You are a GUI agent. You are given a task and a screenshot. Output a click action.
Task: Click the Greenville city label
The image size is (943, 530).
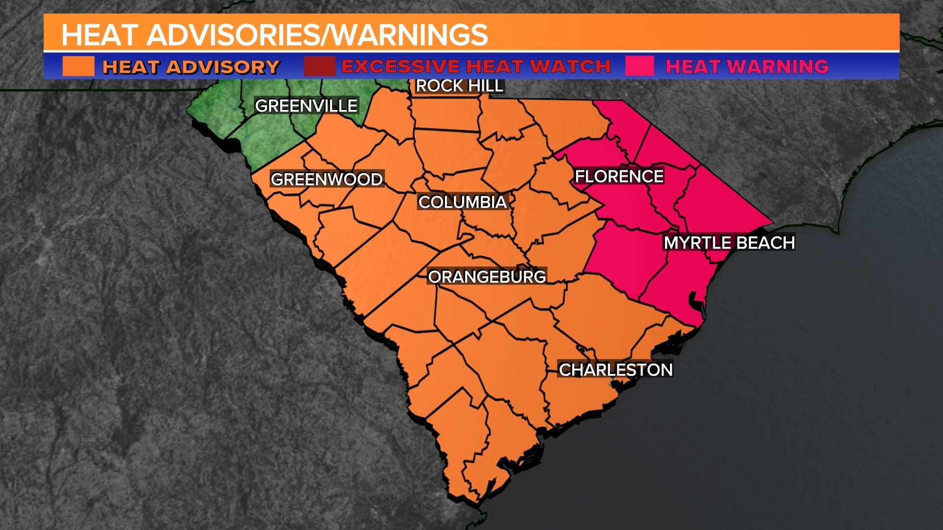coord(306,106)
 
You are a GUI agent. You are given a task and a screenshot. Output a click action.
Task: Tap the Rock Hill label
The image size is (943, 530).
coord(459,86)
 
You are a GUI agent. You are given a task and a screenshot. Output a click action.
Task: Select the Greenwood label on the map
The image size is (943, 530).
coord(327,179)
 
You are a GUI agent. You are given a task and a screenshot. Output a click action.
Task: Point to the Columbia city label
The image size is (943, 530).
coord(462,202)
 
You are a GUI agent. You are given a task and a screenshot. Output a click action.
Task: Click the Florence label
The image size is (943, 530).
coord(619,176)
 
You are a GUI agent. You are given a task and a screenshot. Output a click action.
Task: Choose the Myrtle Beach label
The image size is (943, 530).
coord(729,242)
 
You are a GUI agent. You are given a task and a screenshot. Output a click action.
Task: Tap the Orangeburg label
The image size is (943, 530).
coord(487,277)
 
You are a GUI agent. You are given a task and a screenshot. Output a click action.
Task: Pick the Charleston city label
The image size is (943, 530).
coord(615,370)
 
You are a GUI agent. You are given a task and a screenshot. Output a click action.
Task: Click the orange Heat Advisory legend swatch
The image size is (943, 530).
coord(79,66)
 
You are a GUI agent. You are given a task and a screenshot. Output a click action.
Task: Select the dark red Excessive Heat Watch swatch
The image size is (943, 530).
coord(319,66)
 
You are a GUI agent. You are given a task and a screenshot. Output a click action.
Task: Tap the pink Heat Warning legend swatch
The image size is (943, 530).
coord(639,66)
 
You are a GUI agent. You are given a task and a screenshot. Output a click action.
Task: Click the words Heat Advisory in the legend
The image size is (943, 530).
coord(191,67)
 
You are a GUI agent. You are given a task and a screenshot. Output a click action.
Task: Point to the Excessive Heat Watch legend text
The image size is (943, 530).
coord(475,66)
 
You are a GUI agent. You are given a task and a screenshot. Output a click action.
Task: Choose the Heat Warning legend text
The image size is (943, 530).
coord(747,66)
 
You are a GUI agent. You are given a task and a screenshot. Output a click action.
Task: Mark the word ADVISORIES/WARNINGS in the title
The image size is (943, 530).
coord(317,35)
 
